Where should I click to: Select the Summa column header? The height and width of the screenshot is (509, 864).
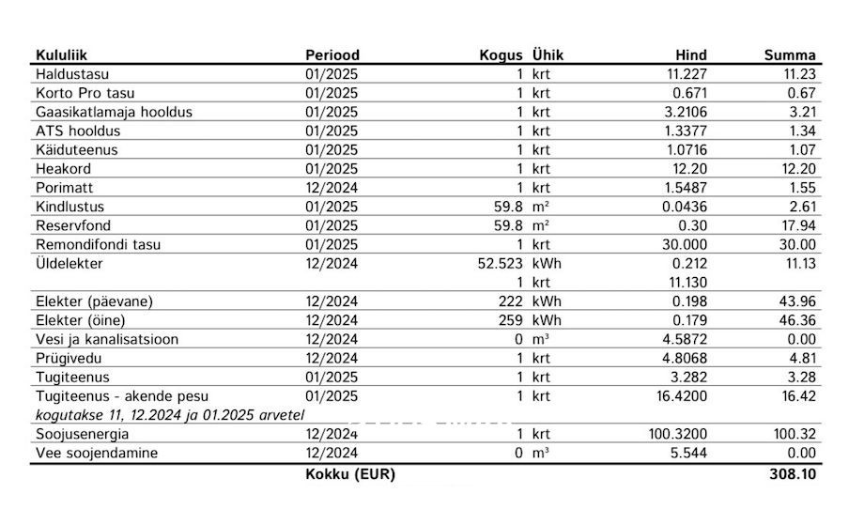click(x=790, y=55)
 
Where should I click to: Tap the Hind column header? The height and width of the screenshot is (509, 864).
click(x=690, y=55)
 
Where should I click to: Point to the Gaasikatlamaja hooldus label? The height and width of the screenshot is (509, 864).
click(x=114, y=113)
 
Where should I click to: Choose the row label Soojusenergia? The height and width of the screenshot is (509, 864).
click(x=83, y=435)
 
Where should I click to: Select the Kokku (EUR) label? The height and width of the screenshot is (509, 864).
click(x=350, y=474)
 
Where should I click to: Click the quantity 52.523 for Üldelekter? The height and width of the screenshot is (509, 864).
click(x=500, y=264)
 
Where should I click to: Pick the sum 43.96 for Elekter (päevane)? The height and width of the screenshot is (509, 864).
click(x=797, y=301)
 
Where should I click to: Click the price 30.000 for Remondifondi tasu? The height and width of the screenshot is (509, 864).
click(x=684, y=244)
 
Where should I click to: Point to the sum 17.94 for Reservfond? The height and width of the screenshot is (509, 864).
click(x=797, y=225)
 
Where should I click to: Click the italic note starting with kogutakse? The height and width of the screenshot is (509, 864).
click(x=170, y=414)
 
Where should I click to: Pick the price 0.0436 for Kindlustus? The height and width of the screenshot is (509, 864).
click(x=684, y=207)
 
